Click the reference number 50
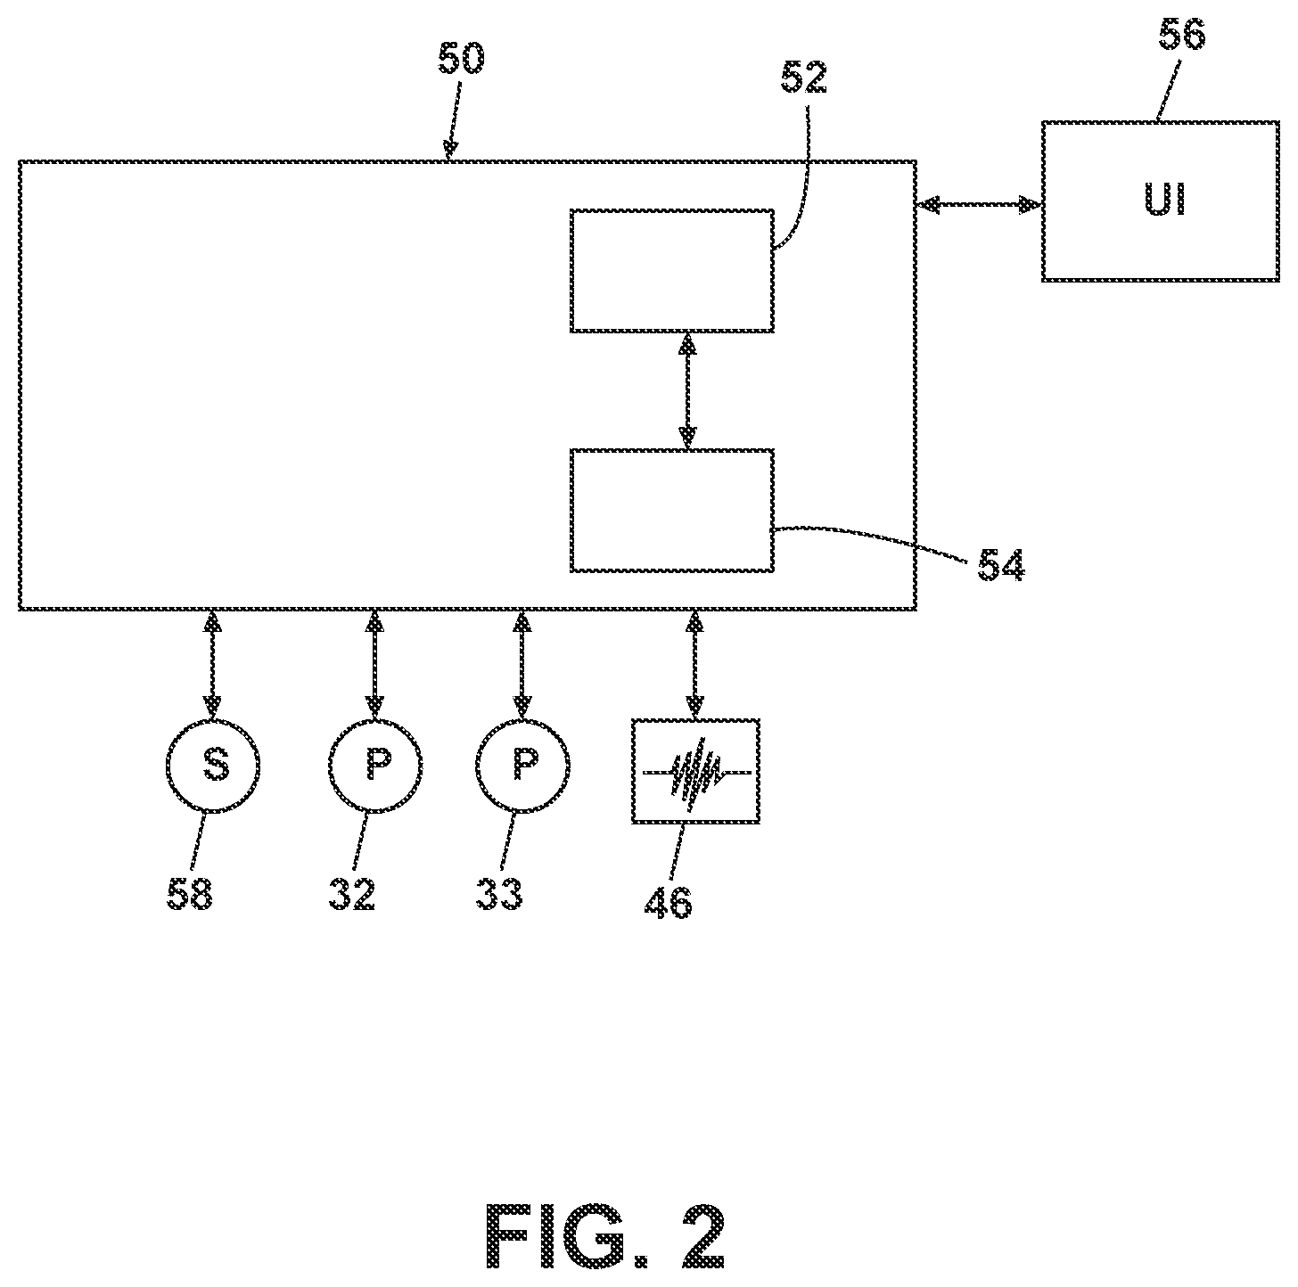(x=462, y=59)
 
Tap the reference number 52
(x=803, y=78)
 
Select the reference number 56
(x=1181, y=34)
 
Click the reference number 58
(x=189, y=895)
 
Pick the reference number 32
(x=351, y=895)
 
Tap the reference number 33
(x=499, y=895)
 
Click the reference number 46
(x=669, y=903)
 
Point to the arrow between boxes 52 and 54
(x=687, y=390)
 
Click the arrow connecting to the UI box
(x=979, y=204)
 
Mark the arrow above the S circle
(x=213, y=664)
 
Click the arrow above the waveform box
(x=694, y=664)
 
